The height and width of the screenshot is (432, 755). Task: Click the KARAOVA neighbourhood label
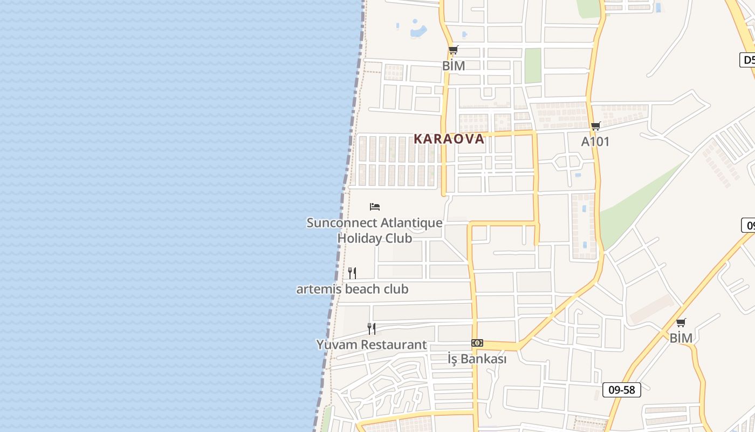tap(449, 139)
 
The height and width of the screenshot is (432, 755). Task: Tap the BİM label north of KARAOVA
tap(453, 66)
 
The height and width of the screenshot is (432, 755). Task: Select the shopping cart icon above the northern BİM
tap(453, 50)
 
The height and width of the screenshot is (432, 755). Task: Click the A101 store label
tap(595, 141)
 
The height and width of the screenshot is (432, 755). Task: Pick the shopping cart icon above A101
tap(595, 126)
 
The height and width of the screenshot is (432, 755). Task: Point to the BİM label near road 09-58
tap(681, 338)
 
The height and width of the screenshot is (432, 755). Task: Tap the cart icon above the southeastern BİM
tap(681, 323)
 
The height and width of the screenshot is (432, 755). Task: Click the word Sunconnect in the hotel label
tap(342, 222)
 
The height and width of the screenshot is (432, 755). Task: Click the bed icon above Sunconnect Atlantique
tap(375, 207)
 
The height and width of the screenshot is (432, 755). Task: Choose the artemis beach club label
tap(352, 289)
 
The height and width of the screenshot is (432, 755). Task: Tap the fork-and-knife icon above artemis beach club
tap(352, 273)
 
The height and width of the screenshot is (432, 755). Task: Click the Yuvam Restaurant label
tap(371, 345)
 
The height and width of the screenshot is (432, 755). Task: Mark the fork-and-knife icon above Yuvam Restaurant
tap(371, 328)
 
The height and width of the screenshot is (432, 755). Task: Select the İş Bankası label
tap(477, 359)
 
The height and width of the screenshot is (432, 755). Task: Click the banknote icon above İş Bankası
tap(477, 343)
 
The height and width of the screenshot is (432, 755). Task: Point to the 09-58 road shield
tap(621, 389)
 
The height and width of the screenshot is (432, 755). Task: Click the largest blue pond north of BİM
tap(418, 30)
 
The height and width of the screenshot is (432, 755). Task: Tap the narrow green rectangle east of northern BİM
tap(532, 65)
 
